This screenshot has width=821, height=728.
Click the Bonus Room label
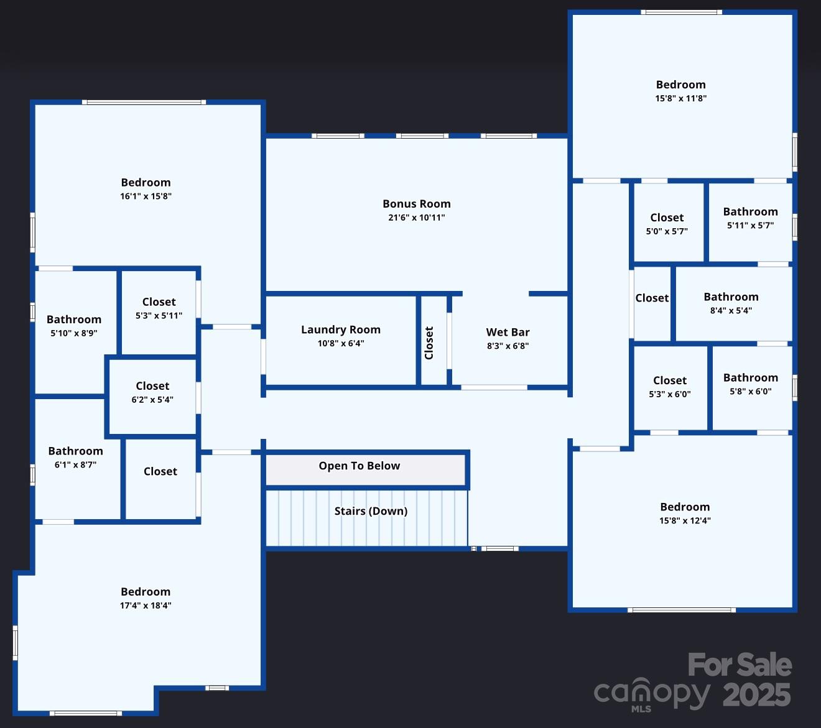pos(417,204)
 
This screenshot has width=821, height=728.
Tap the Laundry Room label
pos(341,329)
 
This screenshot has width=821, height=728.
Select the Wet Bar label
pos(508,332)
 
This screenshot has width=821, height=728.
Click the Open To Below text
pos(359,466)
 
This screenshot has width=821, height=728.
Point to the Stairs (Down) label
pos(371,511)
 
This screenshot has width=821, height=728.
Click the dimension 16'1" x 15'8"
pos(146,196)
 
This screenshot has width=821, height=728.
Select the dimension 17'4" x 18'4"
pos(146,606)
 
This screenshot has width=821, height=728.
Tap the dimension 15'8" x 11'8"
pos(681,98)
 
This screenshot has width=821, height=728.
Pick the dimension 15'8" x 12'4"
pos(685,520)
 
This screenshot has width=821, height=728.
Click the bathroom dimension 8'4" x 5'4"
pos(731,311)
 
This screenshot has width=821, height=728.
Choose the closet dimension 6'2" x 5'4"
pos(152,400)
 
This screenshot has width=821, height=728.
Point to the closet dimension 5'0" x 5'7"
pos(667,231)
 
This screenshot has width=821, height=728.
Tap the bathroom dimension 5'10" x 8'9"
pos(74,333)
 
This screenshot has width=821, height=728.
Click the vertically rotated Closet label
pos(429,343)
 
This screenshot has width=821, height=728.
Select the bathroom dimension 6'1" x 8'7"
pos(75,464)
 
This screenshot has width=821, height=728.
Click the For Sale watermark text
pos(740,665)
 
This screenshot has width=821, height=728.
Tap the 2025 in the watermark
pos(756,695)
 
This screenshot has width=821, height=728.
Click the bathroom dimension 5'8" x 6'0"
pos(751,391)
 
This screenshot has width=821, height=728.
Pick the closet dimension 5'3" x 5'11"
pos(159,316)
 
